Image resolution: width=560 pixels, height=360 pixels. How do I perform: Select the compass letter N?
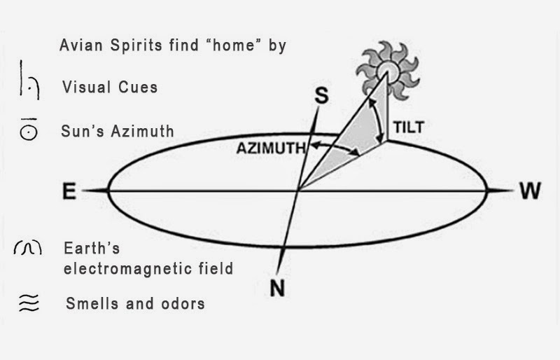pos(277,287)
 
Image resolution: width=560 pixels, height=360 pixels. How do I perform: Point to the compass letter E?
pos(69,191)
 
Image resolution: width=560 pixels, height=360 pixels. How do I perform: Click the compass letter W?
pos(530,191)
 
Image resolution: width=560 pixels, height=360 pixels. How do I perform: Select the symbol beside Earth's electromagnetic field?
pos(28,248)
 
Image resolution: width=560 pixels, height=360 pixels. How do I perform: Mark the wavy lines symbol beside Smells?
pos(28,303)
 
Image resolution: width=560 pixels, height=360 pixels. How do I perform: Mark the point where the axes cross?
pos(298,190)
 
